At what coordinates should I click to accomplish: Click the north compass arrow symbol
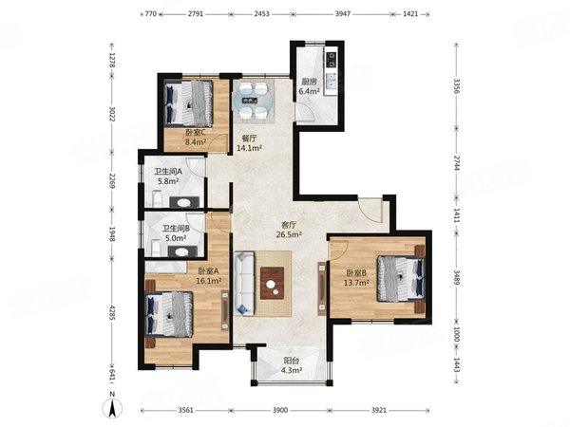point(113,408)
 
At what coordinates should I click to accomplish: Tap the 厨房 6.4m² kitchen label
point(309,86)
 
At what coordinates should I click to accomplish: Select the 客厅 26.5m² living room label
point(289,230)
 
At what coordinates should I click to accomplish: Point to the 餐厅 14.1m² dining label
point(249,143)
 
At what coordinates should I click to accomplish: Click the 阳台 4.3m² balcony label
point(292,365)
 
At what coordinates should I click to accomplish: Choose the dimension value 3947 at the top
point(343,14)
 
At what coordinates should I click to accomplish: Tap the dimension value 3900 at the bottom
point(280,410)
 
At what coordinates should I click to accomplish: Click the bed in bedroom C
point(189,103)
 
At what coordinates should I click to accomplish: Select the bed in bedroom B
point(401,278)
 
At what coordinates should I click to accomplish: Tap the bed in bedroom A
point(169,314)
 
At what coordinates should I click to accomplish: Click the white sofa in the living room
point(244,284)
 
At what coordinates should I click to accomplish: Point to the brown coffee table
point(273,283)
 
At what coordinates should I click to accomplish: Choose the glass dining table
point(253,101)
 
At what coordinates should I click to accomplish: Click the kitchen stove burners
point(332,60)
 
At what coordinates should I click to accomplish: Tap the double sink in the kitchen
point(332,81)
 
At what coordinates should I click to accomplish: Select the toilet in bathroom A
point(158,198)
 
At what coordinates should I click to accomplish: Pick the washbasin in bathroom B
point(182,251)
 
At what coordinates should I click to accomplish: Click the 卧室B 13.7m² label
point(356,278)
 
